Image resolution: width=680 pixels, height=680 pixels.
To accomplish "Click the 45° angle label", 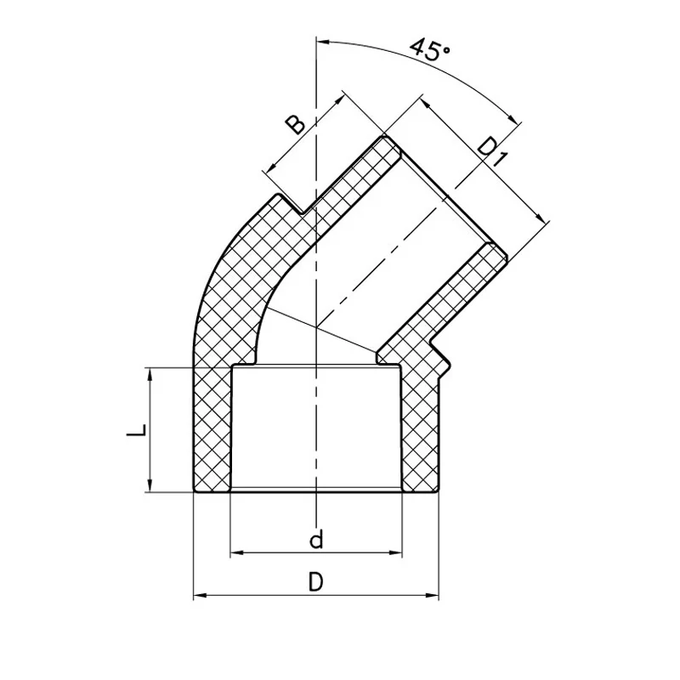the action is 430,49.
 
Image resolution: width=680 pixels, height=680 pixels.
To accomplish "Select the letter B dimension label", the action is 295,124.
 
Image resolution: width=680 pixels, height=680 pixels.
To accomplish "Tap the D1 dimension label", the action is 492,152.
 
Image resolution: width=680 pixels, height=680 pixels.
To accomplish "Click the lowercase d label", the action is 316,539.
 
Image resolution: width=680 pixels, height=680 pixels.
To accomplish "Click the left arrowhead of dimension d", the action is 236,552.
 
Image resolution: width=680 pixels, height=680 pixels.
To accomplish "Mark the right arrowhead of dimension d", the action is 396,552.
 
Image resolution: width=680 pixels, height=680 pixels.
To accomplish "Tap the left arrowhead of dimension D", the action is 200,595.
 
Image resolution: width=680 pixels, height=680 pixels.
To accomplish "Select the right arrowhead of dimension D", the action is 433,595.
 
